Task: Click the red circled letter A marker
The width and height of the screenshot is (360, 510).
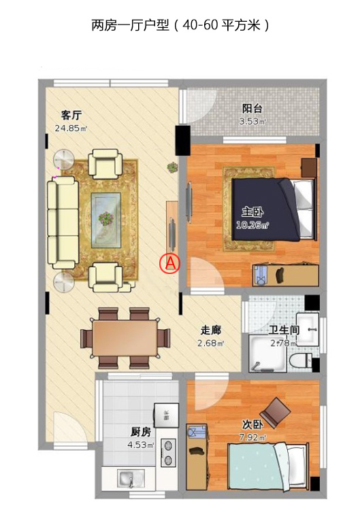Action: pyautogui.click(x=169, y=262)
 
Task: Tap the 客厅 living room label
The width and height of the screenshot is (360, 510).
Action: pyautogui.click(x=71, y=115)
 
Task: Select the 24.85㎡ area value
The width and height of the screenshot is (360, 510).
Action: pyautogui.click(x=71, y=128)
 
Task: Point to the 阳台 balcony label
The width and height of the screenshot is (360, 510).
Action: pyautogui.click(x=252, y=109)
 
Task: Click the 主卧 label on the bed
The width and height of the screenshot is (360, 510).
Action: pyautogui.click(x=252, y=212)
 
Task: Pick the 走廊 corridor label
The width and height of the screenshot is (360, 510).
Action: pyautogui.click(x=210, y=330)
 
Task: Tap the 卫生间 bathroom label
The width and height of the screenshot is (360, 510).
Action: pyautogui.click(x=284, y=330)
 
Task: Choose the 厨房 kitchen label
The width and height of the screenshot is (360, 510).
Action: pyautogui.click(x=141, y=432)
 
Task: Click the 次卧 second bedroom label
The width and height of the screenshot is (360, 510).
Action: pyautogui.click(x=252, y=424)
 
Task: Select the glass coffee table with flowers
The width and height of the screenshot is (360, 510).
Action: pyautogui.click(x=105, y=220)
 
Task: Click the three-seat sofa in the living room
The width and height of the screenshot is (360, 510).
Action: pyautogui.click(x=63, y=222)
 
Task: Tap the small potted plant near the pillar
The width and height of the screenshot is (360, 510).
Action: pyautogui.click(x=172, y=167)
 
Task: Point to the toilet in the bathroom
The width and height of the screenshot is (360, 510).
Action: pyautogui.click(x=300, y=361)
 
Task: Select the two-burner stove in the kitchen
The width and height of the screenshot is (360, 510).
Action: pyautogui.click(x=168, y=453)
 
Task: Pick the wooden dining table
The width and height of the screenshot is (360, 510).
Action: pyautogui.click(x=125, y=338)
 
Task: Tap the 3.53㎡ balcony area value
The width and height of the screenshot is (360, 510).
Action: pyautogui.click(x=252, y=122)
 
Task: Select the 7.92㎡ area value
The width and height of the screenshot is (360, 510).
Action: pyautogui.click(x=252, y=437)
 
